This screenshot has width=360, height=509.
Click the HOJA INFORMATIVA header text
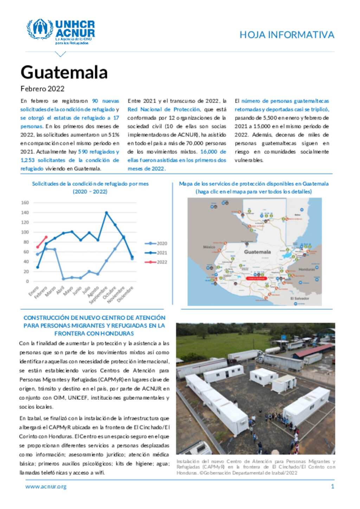click(287, 35)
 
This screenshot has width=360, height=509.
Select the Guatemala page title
click(64, 72)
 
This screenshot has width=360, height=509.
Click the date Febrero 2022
click(42, 89)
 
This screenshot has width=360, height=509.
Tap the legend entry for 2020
click(156, 243)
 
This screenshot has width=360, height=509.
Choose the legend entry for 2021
click(156, 253)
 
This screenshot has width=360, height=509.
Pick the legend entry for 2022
click(156, 262)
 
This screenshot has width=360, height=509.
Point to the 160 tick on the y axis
click(25, 203)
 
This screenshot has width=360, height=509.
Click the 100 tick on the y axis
click(25, 232)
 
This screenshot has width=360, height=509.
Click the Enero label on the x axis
click(34, 291)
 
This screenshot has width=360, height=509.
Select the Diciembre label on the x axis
click(125, 294)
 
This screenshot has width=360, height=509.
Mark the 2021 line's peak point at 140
click(107, 213)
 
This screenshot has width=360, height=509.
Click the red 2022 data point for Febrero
click(46, 237)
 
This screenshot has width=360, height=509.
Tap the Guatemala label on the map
click(257, 252)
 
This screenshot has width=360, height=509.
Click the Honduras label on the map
click(307, 269)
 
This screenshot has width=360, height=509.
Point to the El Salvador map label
click(300, 299)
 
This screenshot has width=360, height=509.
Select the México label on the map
click(209, 247)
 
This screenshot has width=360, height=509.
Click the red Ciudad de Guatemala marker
click(256, 278)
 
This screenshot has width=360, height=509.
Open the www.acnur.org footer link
click(46, 487)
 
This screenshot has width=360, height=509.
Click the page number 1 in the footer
click(332, 487)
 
